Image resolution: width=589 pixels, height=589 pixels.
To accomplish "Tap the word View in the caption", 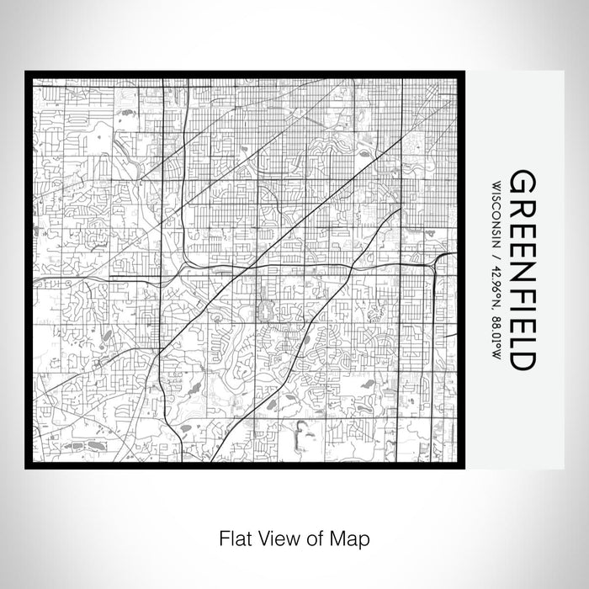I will [x=277, y=536].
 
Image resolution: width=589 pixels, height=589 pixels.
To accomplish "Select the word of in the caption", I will [x=311, y=536].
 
